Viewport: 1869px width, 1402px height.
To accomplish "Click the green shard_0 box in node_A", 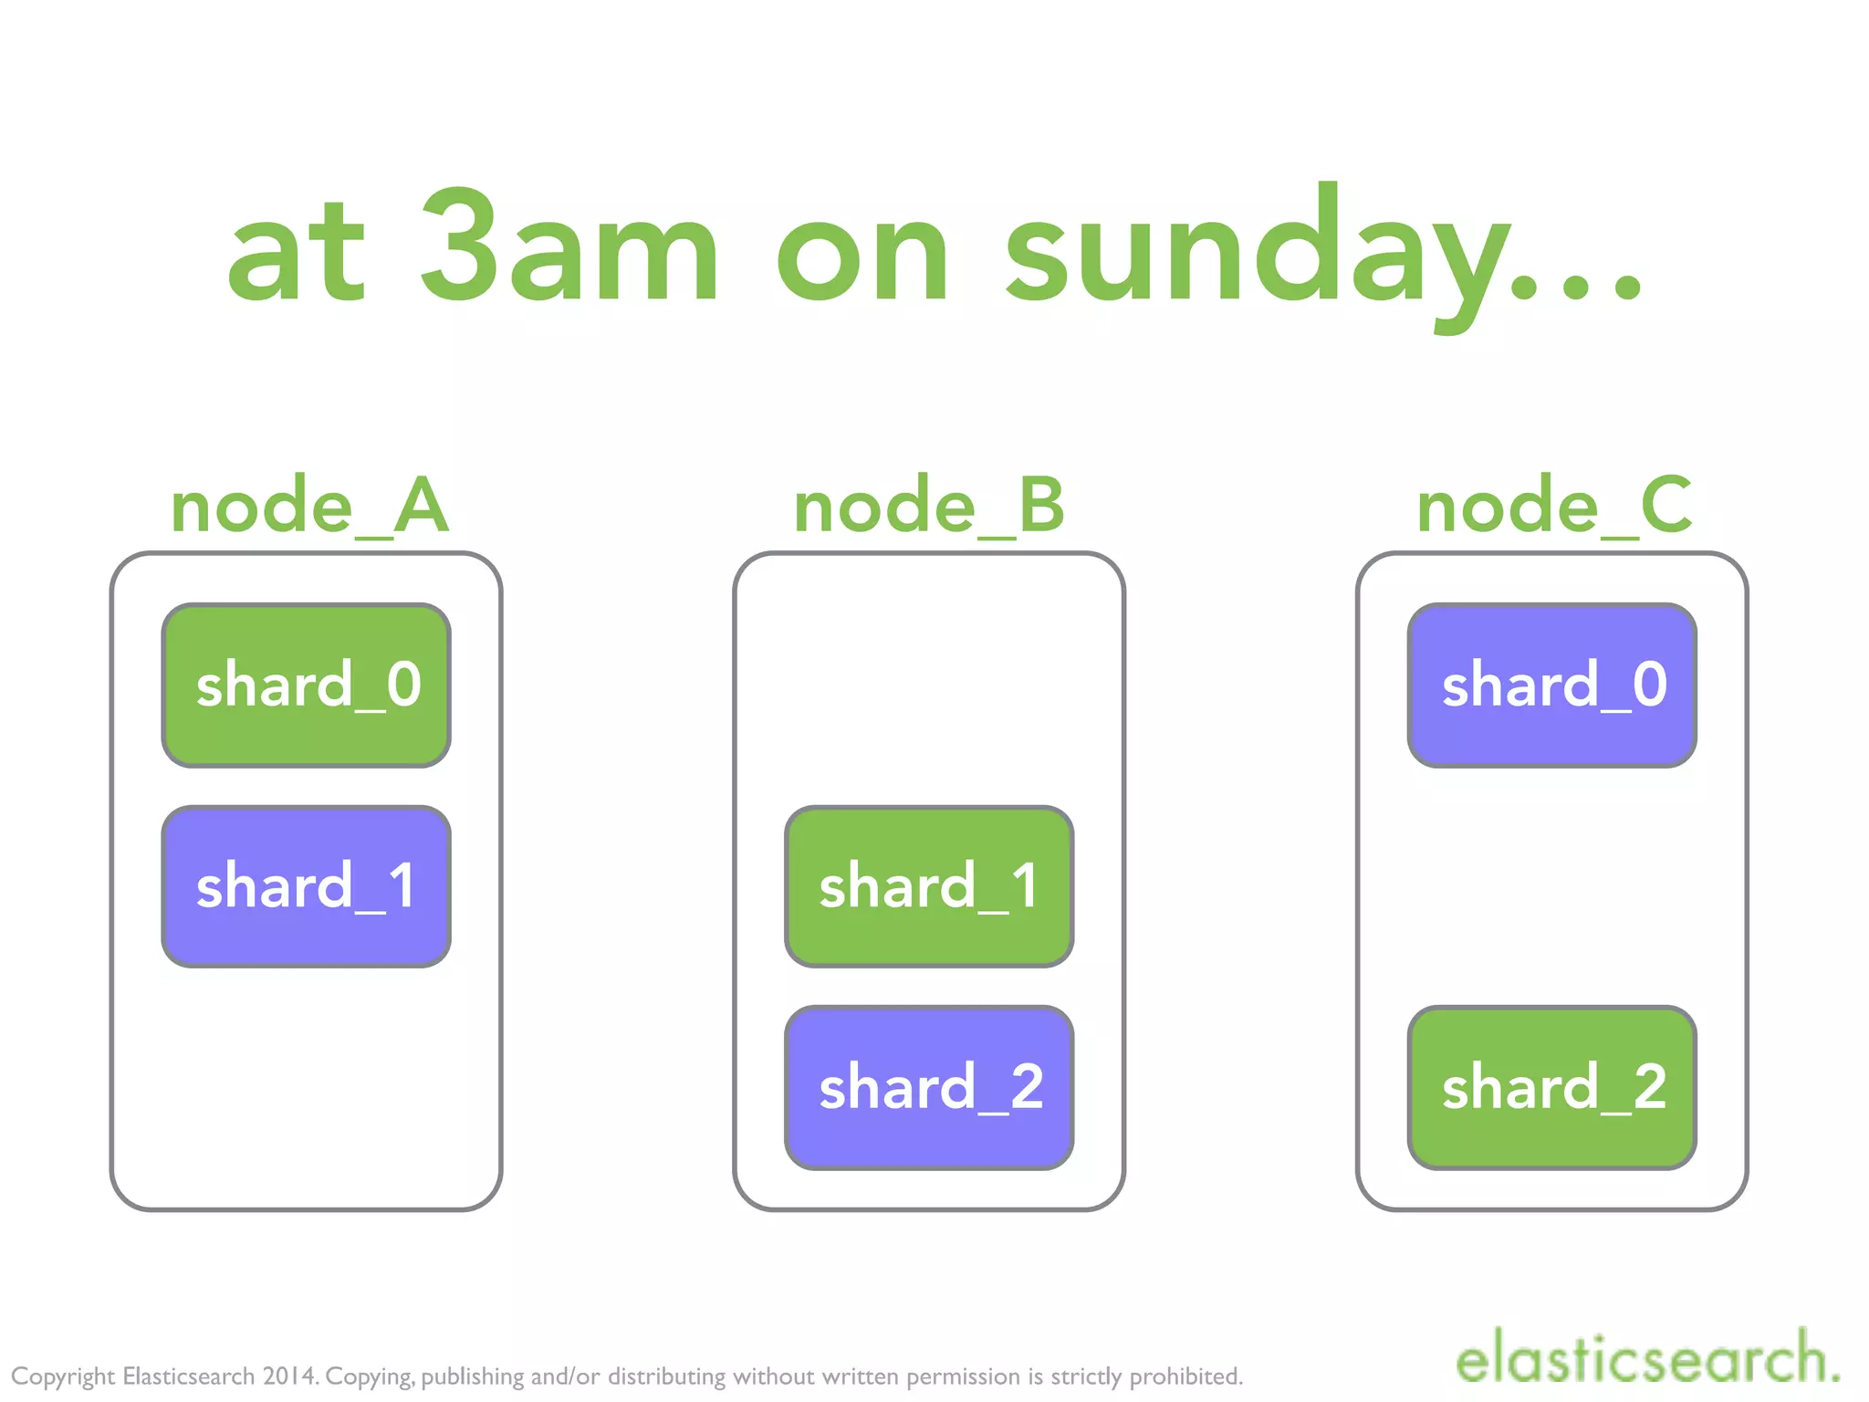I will click(x=307, y=685).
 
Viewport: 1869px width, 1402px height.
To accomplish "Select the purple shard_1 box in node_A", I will click(x=307, y=886).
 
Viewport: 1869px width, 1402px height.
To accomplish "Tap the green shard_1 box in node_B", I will click(x=929, y=886).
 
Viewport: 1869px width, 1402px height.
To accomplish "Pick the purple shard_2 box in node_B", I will click(x=929, y=1087).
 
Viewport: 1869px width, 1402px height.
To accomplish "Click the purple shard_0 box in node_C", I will click(x=1552, y=685).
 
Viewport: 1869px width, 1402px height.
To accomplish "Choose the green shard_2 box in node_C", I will click(x=1552, y=1087).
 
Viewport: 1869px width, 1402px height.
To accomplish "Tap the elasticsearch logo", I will click(x=1647, y=1358).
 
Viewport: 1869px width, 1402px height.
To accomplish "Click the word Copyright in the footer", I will click(x=63, y=1376).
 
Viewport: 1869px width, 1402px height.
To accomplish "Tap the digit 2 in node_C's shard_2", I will click(x=1649, y=1086).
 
